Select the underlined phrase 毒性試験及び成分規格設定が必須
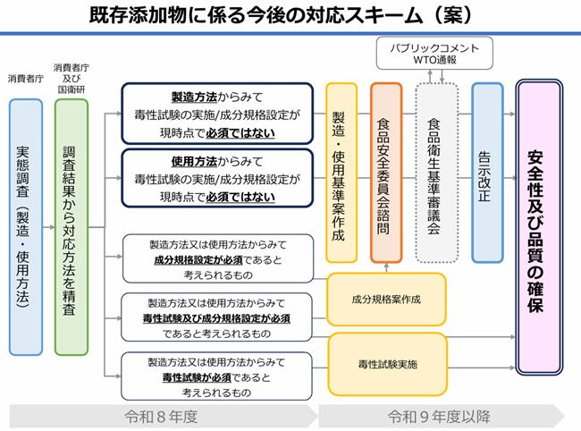[218, 317]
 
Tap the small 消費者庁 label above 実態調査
[25, 80]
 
